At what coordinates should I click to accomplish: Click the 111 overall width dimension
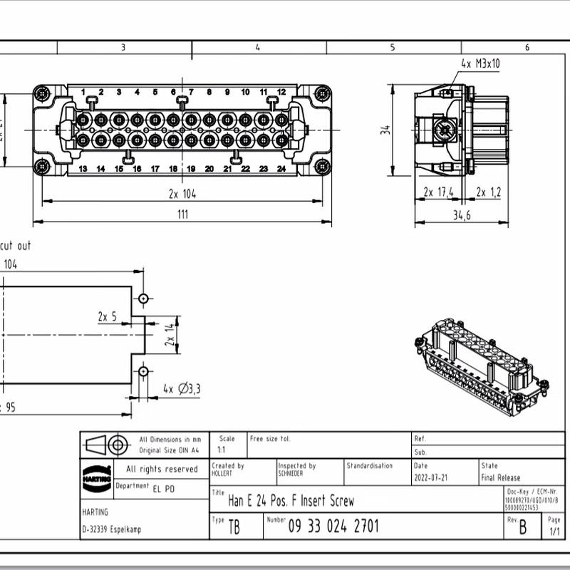click(182, 214)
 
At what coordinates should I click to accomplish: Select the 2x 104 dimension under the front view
click(182, 193)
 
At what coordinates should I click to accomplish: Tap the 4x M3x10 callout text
click(480, 64)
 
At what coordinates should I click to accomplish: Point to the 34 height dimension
click(386, 130)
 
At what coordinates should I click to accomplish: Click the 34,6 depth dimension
click(462, 216)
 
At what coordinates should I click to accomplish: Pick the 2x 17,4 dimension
click(439, 192)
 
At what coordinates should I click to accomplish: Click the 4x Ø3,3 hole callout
click(182, 388)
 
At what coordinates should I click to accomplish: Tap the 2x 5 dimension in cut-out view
click(108, 316)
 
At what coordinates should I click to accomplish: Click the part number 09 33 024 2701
click(333, 527)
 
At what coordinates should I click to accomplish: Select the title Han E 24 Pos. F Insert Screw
click(291, 501)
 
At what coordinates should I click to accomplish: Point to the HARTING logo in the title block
click(96, 476)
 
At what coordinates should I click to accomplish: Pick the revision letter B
click(523, 528)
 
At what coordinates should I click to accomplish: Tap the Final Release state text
click(501, 478)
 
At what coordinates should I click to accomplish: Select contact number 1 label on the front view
click(83, 93)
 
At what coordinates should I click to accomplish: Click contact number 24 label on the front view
click(281, 169)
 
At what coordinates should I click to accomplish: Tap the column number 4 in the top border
click(257, 48)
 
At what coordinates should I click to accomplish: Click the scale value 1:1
click(222, 450)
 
